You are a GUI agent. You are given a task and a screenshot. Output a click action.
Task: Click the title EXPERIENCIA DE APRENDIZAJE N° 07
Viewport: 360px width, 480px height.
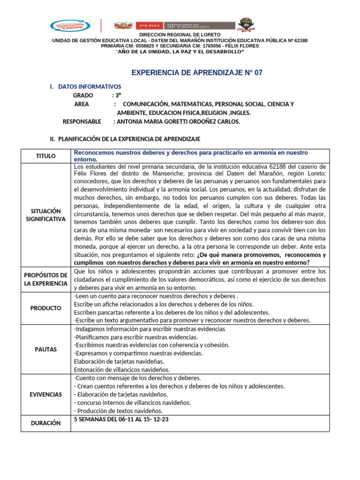tap(196, 73)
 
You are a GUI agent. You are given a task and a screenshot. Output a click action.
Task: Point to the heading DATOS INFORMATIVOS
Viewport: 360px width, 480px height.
tap(89, 87)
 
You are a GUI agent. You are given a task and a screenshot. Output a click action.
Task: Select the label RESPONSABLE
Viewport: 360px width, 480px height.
tap(82, 121)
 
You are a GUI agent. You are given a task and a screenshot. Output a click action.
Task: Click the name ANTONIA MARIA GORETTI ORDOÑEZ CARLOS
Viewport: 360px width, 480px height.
tap(177, 121)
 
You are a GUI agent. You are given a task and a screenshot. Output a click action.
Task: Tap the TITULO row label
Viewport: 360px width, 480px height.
tap(45, 156)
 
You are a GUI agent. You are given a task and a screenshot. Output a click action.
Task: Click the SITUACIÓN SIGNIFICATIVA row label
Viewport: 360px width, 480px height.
tap(45, 215)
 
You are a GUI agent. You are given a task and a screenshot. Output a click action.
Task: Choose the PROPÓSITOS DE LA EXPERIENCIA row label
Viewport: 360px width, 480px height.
tap(45, 279)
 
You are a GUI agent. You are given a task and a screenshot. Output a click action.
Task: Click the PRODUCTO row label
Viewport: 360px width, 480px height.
tap(45, 308)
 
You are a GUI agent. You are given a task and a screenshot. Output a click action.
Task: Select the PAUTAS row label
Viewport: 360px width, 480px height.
tap(45, 349)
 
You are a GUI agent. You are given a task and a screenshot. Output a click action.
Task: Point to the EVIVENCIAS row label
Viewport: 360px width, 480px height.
tap(45, 394)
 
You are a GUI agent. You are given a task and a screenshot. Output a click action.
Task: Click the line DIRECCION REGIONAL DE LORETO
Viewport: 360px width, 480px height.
tap(180, 35)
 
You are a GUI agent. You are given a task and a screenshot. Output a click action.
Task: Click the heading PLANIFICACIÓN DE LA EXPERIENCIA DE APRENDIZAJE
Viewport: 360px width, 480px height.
tap(125, 139)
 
